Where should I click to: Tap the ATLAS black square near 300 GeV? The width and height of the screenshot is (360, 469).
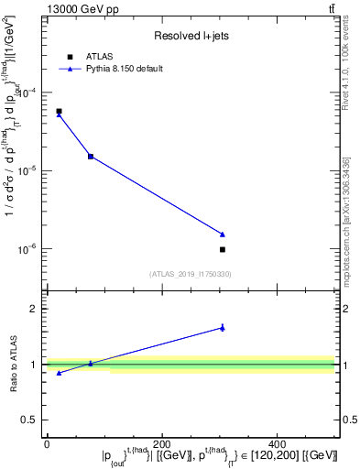[x=223, y=249]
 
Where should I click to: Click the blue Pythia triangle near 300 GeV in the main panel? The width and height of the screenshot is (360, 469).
[x=223, y=234]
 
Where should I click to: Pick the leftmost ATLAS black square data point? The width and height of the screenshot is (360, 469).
[x=59, y=111]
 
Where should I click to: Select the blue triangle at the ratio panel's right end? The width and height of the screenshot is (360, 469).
[x=223, y=327]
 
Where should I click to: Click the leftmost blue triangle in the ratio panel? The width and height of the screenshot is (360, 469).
[x=59, y=373]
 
